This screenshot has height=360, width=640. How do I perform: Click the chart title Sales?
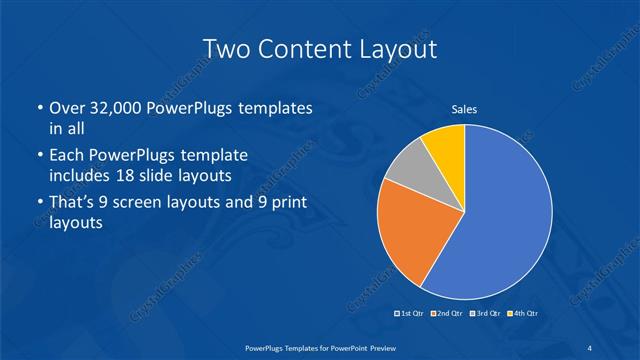click(x=464, y=109)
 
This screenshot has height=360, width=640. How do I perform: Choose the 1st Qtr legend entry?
click(x=410, y=314)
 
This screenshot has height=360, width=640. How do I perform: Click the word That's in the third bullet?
click(x=73, y=204)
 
